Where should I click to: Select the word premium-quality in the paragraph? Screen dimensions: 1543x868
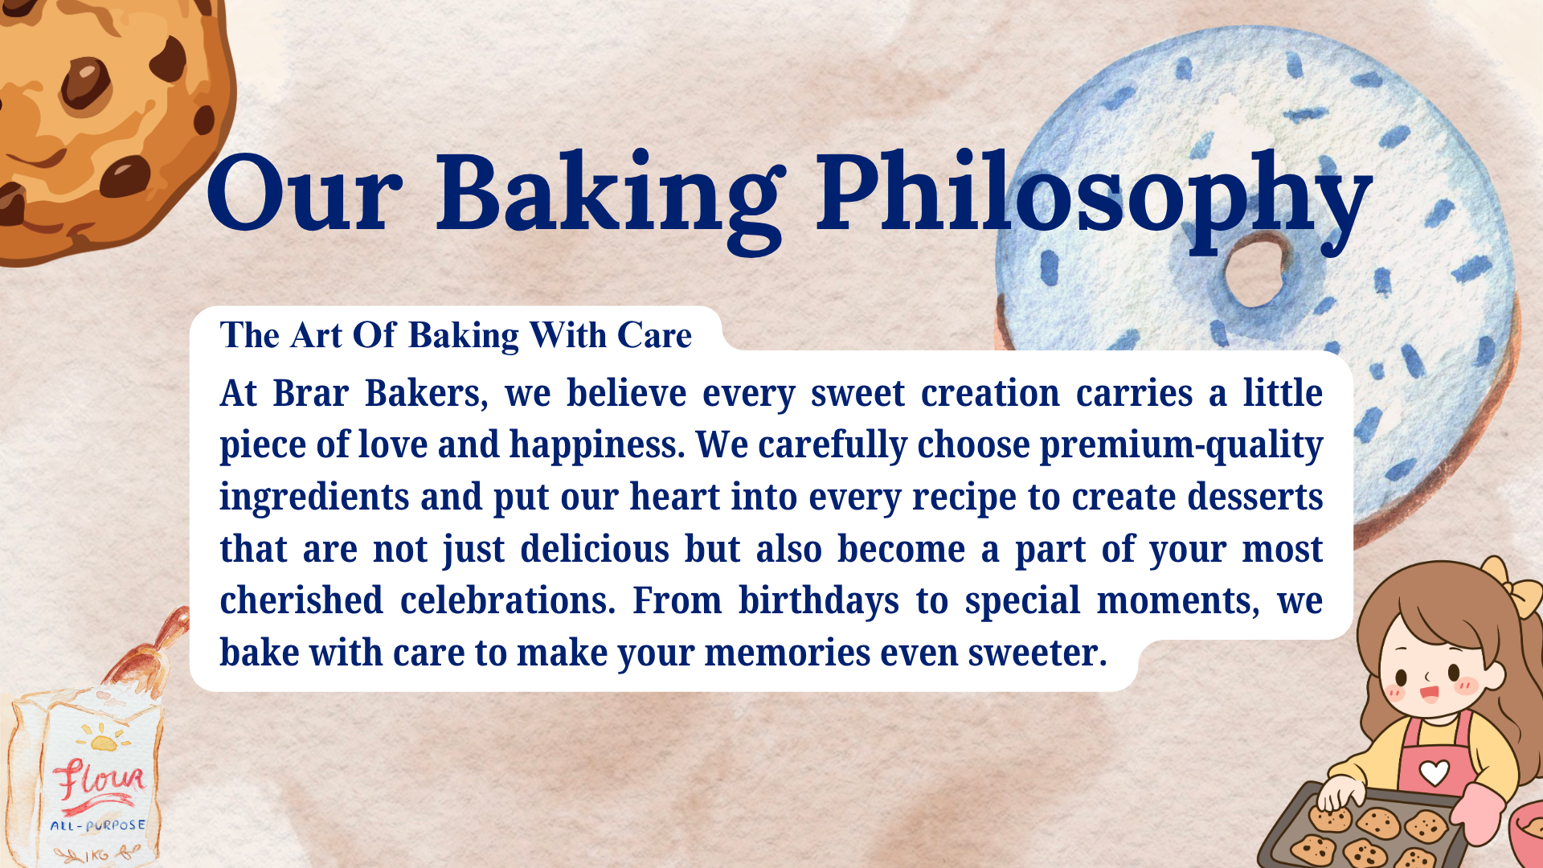tap(1181, 446)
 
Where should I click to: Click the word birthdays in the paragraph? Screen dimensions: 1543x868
tap(819, 602)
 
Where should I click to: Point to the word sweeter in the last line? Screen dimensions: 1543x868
tap(1038, 653)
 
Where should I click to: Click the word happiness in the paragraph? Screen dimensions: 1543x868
tap(597, 446)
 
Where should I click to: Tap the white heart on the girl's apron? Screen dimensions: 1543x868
tap(1435, 772)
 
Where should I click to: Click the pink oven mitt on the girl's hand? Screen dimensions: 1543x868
tap(1478, 814)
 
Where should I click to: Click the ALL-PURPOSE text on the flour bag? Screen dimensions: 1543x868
tap(98, 825)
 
